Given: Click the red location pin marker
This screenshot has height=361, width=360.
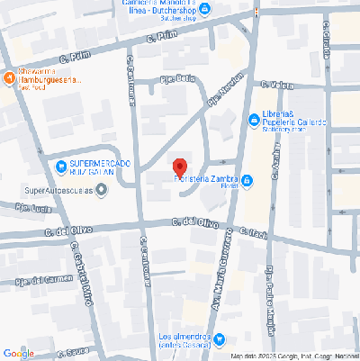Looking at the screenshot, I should click(179, 167).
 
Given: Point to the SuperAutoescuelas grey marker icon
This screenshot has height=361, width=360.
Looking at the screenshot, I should click(101, 189).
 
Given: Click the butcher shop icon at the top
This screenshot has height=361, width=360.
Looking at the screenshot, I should click(204, 10).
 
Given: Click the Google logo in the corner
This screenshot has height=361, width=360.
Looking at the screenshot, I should click(18, 353).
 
